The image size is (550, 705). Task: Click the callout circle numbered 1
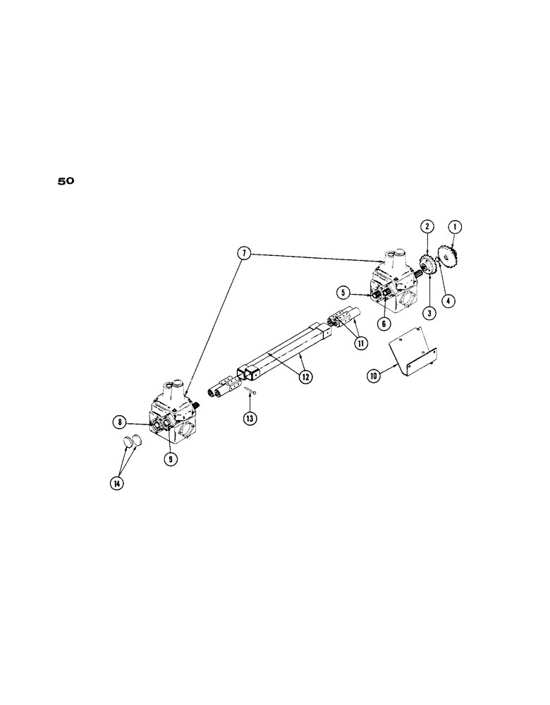pos(456,227)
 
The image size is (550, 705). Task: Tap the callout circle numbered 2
pos(427,227)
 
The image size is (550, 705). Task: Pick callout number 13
pos(251,418)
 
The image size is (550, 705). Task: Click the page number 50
pos(66,181)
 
